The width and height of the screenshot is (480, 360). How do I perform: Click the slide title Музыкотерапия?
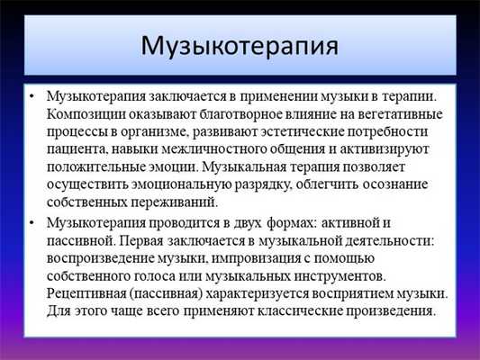click(240, 44)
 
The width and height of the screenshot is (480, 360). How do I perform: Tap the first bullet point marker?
click(32, 94)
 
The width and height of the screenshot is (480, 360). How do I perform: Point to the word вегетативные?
click(382, 112)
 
